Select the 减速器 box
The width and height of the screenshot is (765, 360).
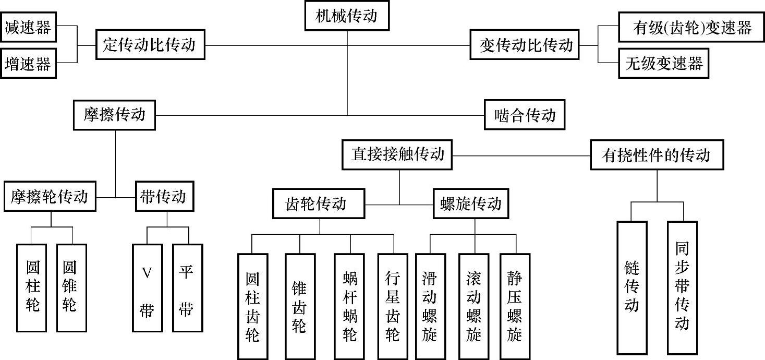28,27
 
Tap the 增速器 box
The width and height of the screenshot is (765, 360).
28,64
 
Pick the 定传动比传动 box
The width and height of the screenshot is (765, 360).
150,45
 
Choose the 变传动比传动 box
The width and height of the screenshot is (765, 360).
526,45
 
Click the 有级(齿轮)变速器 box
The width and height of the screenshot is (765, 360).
692,28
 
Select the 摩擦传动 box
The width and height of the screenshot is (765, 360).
115,115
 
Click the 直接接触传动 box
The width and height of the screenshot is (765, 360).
398,154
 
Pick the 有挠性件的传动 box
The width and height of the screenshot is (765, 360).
657,155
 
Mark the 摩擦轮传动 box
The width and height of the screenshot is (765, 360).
50,197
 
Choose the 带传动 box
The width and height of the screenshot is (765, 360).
163,197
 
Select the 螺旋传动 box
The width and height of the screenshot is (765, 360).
471,203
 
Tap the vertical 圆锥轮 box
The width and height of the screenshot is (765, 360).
71,287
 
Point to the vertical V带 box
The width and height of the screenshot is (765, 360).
147,287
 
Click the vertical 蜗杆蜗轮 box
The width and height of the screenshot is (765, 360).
350,306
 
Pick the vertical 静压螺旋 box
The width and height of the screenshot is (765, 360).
515,306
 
